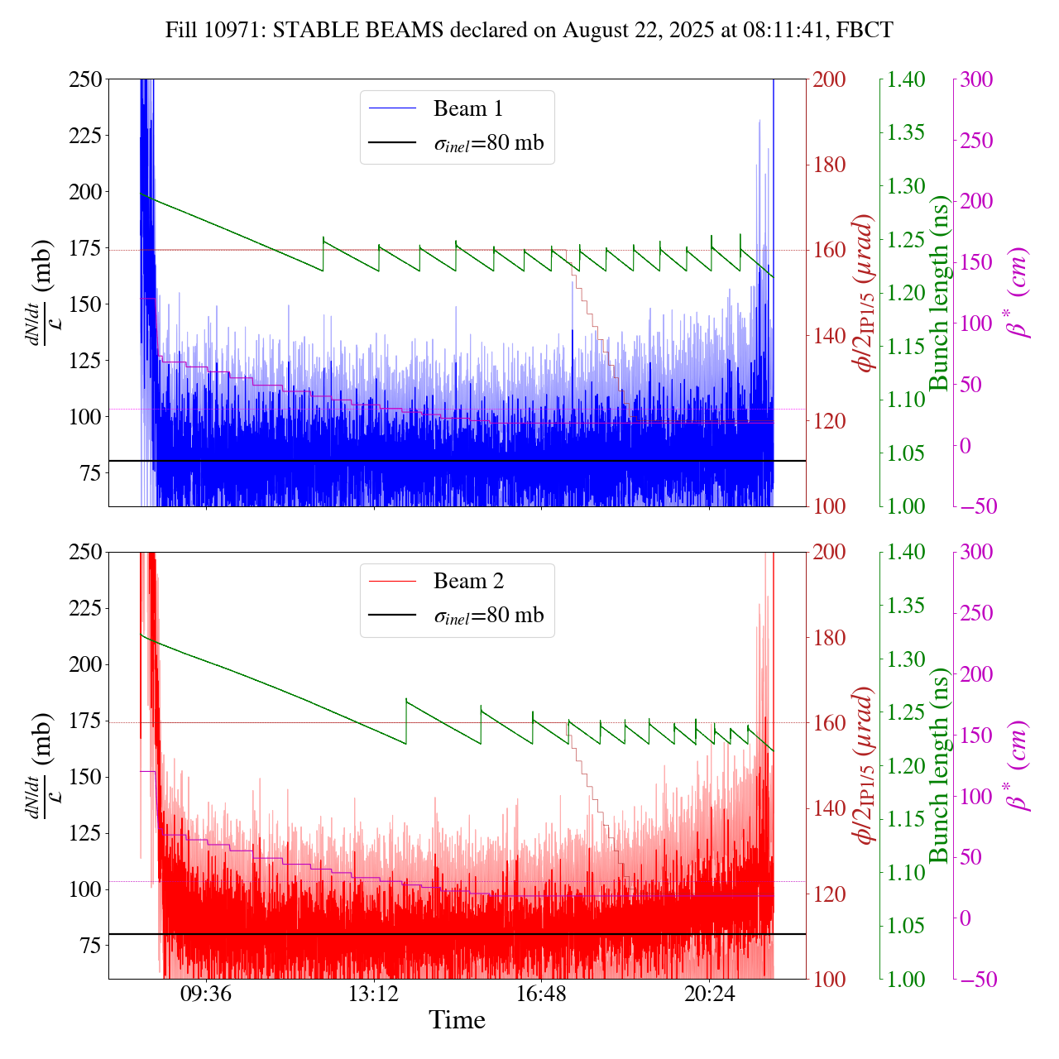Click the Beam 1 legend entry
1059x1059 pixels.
(x=467, y=108)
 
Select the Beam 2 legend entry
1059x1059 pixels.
(x=467, y=581)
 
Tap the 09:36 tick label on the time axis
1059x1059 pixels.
(x=206, y=991)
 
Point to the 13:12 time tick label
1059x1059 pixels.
(x=374, y=991)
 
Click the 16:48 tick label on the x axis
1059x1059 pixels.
(x=541, y=991)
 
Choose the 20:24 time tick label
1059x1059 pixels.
(x=709, y=991)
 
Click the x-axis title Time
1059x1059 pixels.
(x=457, y=1020)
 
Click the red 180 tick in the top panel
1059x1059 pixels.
(x=829, y=165)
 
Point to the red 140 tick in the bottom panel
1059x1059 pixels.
(x=829, y=808)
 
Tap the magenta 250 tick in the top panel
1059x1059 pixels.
(x=977, y=141)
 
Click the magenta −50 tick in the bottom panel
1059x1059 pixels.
(x=975, y=980)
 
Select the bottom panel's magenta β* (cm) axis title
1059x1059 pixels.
(x=1017, y=765)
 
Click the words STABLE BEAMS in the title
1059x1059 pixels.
(x=360, y=31)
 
